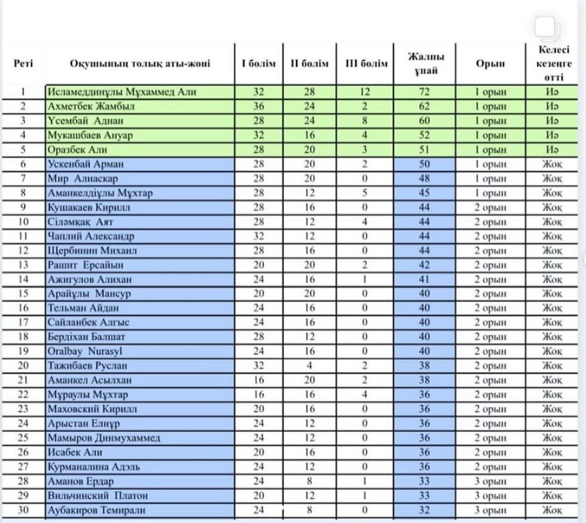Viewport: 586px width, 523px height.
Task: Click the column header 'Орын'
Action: pos(490,64)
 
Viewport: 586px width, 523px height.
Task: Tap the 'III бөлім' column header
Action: pos(366,64)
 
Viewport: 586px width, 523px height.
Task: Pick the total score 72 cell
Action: pos(425,92)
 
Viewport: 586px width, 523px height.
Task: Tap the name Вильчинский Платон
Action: pos(97,495)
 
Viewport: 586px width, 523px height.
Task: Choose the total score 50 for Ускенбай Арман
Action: pos(425,164)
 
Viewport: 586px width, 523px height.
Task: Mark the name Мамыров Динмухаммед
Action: pos(102,437)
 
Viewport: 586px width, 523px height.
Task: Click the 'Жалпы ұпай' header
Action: pos(425,64)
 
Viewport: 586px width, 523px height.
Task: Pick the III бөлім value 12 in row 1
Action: pos(366,92)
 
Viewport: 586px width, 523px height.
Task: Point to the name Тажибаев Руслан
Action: pos(90,365)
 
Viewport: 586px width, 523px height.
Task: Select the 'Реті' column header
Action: pos(23,64)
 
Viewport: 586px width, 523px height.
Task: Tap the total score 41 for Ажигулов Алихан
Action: pos(425,278)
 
